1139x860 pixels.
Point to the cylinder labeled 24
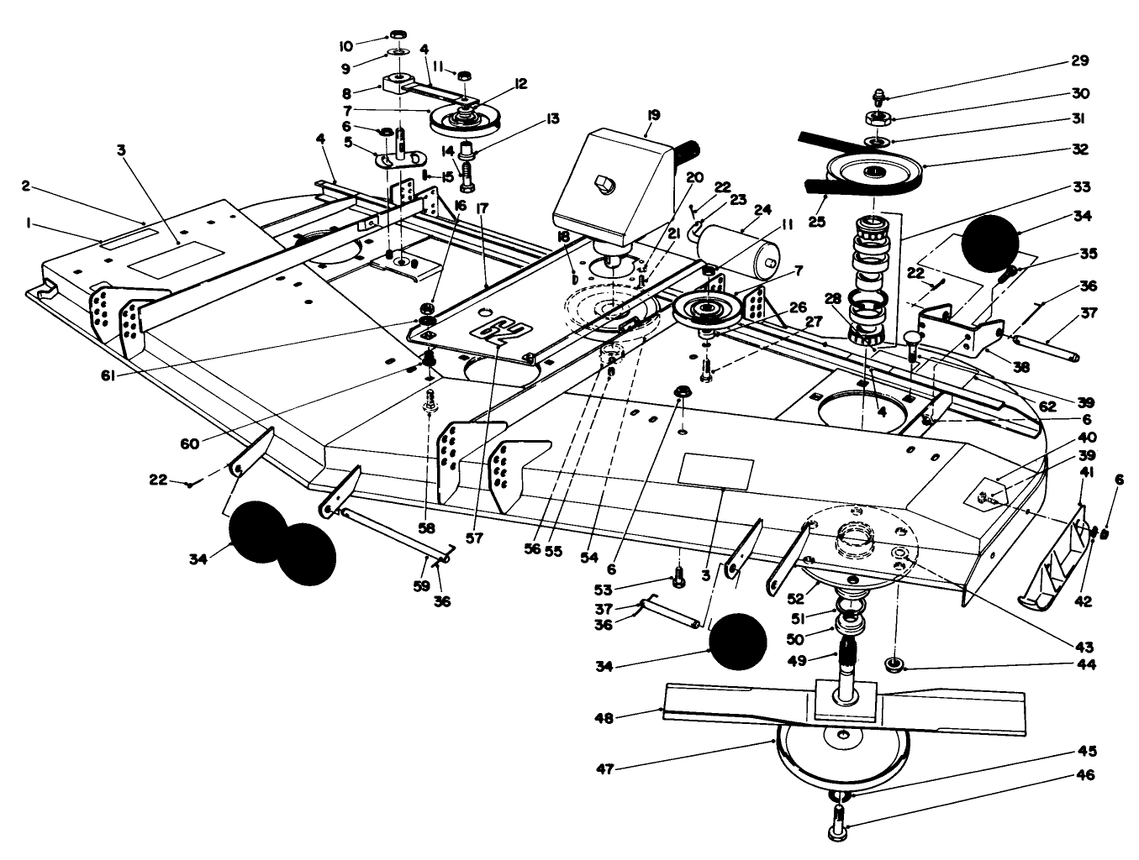[x=736, y=244]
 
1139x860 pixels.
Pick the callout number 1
[x=30, y=223]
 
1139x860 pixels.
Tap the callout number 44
[x=1085, y=663]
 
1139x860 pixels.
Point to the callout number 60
[x=190, y=443]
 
